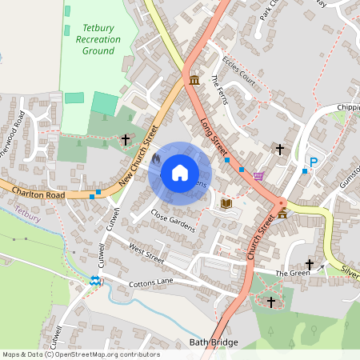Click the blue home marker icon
[x=180, y=172]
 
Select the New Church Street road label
[x=136, y=154]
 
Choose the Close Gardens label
[x=173, y=222]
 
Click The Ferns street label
[x=219, y=90]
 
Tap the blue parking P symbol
[x=314, y=162]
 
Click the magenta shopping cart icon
[x=258, y=176]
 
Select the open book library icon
[x=226, y=204]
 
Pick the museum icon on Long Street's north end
[x=196, y=79]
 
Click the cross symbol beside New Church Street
[x=126, y=140]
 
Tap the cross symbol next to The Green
[x=310, y=264]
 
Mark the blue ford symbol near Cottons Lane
[x=95, y=281]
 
